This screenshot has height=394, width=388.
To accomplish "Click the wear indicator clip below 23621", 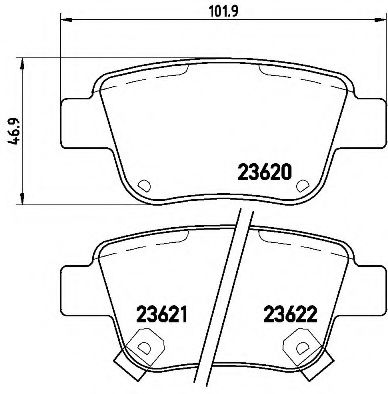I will tap(144, 349).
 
